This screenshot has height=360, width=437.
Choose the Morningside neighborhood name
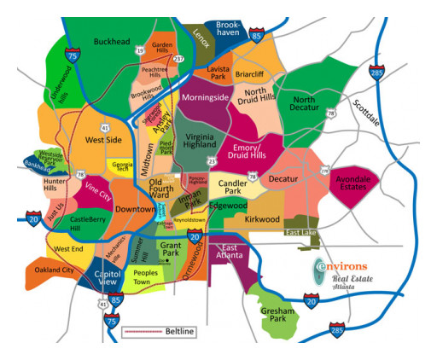click(206, 97)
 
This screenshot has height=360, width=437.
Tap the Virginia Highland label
click(200, 144)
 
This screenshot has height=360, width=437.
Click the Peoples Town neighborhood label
click(148, 277)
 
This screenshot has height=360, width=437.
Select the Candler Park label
click(232, 186)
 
